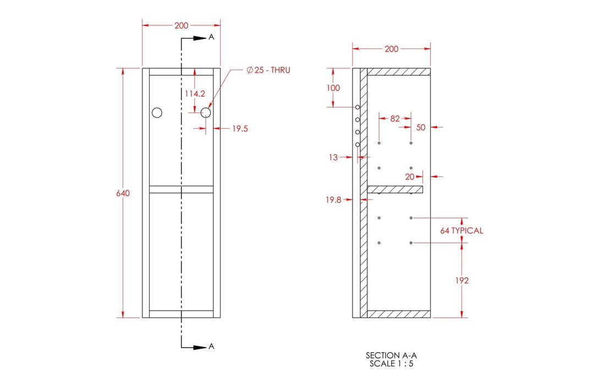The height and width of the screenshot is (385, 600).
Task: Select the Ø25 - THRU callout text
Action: [x=268, y=70]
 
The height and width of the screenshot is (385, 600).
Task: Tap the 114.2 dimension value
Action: [x=194, y=94]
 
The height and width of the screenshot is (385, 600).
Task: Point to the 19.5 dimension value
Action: [x=240, y=129]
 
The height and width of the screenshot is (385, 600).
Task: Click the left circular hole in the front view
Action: [x=157, y=113]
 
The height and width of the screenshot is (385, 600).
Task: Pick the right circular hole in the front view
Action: [x=206, y=113]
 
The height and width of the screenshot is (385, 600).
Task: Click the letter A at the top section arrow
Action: [x=211, y=37]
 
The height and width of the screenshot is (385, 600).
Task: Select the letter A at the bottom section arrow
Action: [x=211, y=346]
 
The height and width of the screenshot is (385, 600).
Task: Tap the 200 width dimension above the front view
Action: [x=181, y=25]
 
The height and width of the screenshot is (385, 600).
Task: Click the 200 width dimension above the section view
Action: [x=392, y=49]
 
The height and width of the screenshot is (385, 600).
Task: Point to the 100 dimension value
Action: [x=333, y=88]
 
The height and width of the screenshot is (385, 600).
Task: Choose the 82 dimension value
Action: [x=395, y=118]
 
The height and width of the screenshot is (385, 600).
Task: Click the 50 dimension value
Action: [x=421, y=127]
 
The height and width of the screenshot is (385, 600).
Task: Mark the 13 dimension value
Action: [x=333, y=157]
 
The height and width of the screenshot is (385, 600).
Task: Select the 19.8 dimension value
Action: [x=333, y=200]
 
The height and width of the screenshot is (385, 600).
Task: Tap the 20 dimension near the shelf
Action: [x=410, y=177]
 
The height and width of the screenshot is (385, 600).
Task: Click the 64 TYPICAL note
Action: [x=461, y=230]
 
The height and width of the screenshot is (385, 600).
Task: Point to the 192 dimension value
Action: [x=462, y=280]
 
